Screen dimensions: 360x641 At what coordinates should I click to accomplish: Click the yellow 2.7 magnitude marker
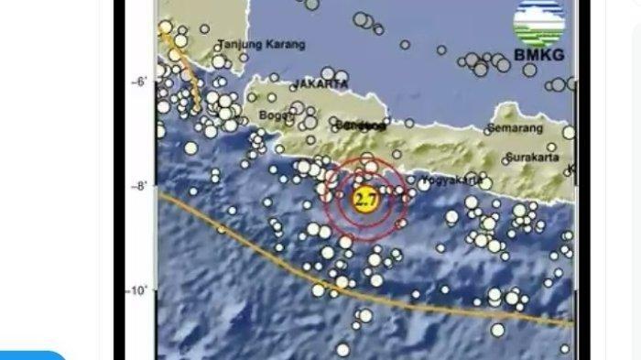click(365, 199)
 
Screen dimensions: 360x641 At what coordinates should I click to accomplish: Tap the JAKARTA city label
click(320, 83)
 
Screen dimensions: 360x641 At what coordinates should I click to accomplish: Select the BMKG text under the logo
click(538, 55)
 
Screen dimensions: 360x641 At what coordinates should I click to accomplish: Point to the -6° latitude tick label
click(139, 82)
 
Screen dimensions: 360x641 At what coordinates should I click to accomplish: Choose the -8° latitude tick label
click(139, 186)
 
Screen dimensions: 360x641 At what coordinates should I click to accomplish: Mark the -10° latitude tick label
click(137, 290)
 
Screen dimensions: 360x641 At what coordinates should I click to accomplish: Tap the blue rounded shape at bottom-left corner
click(32, 355)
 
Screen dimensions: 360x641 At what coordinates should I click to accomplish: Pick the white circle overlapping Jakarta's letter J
click(295, 84)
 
